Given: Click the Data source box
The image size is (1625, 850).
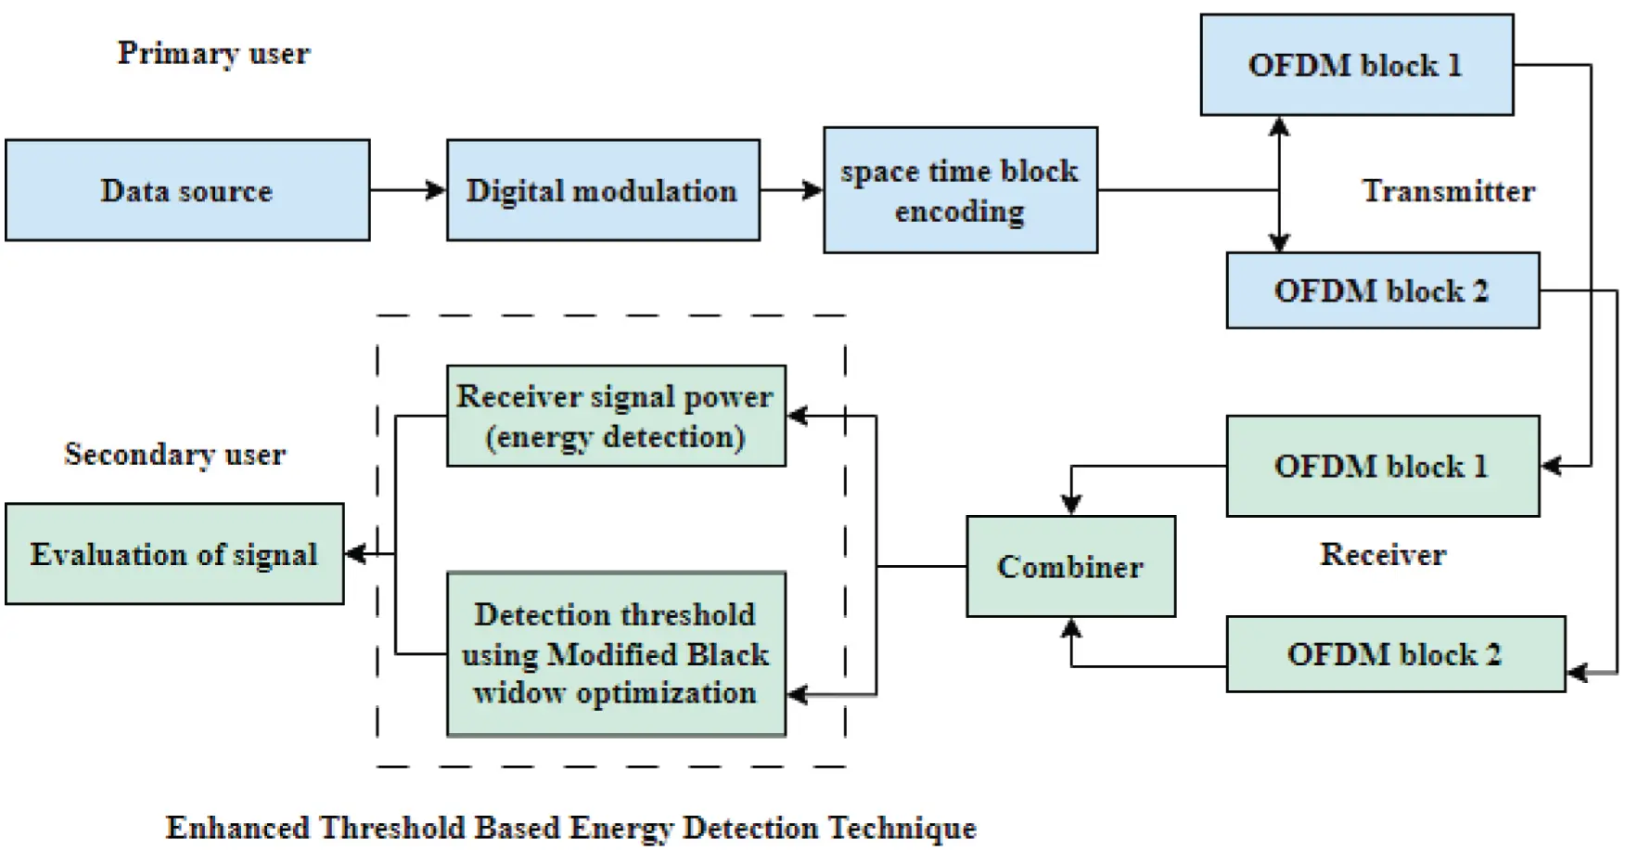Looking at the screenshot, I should (x=187, y=190).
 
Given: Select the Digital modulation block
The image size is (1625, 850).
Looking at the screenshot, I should (x=603, y=190).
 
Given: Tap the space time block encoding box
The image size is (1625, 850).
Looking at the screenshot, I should (x=960, y=190).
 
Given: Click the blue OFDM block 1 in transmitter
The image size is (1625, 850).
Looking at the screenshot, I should (x=1356, y=65).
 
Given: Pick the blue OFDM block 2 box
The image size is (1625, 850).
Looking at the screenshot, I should (x=1382, y=290).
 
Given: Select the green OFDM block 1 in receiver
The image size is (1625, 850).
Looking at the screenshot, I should (x=1382, y=466).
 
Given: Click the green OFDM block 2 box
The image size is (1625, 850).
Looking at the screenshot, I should (x=1395, y=654).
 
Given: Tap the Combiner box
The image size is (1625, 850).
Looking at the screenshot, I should (x=1070, y=566).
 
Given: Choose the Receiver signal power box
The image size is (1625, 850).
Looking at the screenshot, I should (x=616, y=416).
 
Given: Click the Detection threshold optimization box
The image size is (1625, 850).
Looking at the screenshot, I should (x=616, y=653).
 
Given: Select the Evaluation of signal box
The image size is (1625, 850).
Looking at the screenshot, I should (x=174, y=554).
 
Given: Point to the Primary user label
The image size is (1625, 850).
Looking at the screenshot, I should (x=213, y=53).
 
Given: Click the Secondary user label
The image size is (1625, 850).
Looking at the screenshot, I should (x=174, y=454).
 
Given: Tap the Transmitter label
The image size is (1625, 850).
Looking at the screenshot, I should (x=1448, y=190).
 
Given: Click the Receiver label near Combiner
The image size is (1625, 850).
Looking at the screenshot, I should (x=1382, y=554).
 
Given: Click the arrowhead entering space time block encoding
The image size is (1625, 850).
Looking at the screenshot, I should (x=813, y=190).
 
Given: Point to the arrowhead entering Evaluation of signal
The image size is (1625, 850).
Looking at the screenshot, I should (x=354, y=554).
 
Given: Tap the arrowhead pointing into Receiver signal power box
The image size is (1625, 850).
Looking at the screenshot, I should (x=797, y=416).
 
